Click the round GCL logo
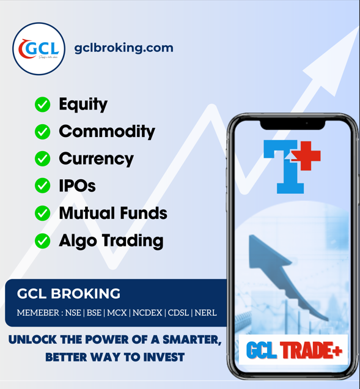39,48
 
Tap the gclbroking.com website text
123,48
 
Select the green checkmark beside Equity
42,105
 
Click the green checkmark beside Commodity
42,132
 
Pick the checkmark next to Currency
42,158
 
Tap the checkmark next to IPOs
42,185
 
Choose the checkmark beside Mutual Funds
42,213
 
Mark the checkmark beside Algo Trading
42,240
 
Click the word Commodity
107,132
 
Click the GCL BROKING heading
68,294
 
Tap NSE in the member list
72,313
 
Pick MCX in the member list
117,313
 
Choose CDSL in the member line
178,313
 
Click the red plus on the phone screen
306,156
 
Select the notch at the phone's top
293,124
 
